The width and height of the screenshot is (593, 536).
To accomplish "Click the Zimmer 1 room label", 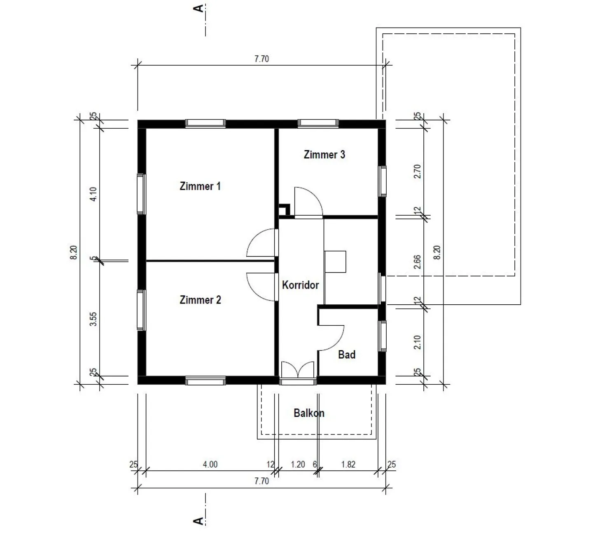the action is click(x=200, y=186).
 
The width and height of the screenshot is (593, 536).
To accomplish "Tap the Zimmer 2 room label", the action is click(x=200, y=300).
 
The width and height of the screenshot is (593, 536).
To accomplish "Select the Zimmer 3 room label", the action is click(x=324, y=155).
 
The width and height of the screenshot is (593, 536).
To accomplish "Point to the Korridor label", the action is click(x=300, y=285).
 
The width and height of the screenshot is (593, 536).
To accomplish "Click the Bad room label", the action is click(x=347, y=355).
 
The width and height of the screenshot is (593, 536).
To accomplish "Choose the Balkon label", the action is click(x=309, y=413).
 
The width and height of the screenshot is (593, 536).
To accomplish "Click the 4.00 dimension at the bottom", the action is click(x=210, y=464).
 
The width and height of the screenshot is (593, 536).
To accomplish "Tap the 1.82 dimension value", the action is click(x=348, y=464).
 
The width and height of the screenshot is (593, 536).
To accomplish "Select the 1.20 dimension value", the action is click(x=298, y=464).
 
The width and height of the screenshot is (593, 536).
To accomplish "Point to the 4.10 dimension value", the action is click(x=93, y=194).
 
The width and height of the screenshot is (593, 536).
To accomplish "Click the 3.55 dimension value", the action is click(x=93, y=319).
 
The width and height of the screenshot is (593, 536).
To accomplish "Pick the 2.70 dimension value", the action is click(x=417, y=172).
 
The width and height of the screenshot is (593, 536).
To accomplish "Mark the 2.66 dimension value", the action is click(x=417, y=262).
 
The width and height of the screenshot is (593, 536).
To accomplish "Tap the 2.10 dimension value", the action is click(x=417, y=342).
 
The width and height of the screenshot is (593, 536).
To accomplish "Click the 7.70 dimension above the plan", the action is click(x=261, y=59).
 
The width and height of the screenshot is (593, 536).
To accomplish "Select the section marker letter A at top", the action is click(x=198, y=8).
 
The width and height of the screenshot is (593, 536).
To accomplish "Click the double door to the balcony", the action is click(x=297, y=370).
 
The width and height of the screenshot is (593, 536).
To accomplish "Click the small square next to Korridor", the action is click(x=335, y=262).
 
